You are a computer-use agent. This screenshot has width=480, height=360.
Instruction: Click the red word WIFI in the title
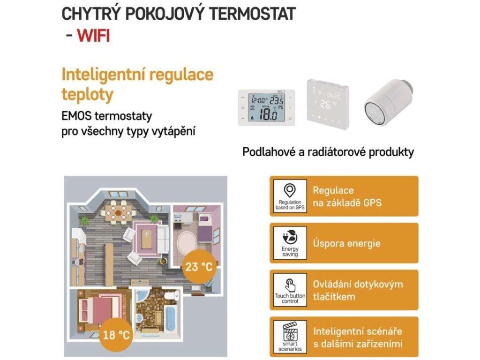point(93,35)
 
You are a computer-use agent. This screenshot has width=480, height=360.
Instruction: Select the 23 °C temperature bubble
point(199,268)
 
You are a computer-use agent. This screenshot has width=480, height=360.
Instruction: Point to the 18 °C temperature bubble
point(116,335)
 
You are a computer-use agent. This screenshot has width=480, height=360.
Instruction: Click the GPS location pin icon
point(290,190)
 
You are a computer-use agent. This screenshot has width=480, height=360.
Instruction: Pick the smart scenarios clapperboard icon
point(290,330)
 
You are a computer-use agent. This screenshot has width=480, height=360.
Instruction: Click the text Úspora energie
point(346,243)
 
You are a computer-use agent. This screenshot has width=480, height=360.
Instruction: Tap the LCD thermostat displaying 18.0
point(266,108)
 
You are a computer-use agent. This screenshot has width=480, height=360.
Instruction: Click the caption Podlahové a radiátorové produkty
point(328,153)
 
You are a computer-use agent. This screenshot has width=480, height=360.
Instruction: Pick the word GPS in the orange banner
point(372,203)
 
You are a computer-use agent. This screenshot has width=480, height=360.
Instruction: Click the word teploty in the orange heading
point(87,95)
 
